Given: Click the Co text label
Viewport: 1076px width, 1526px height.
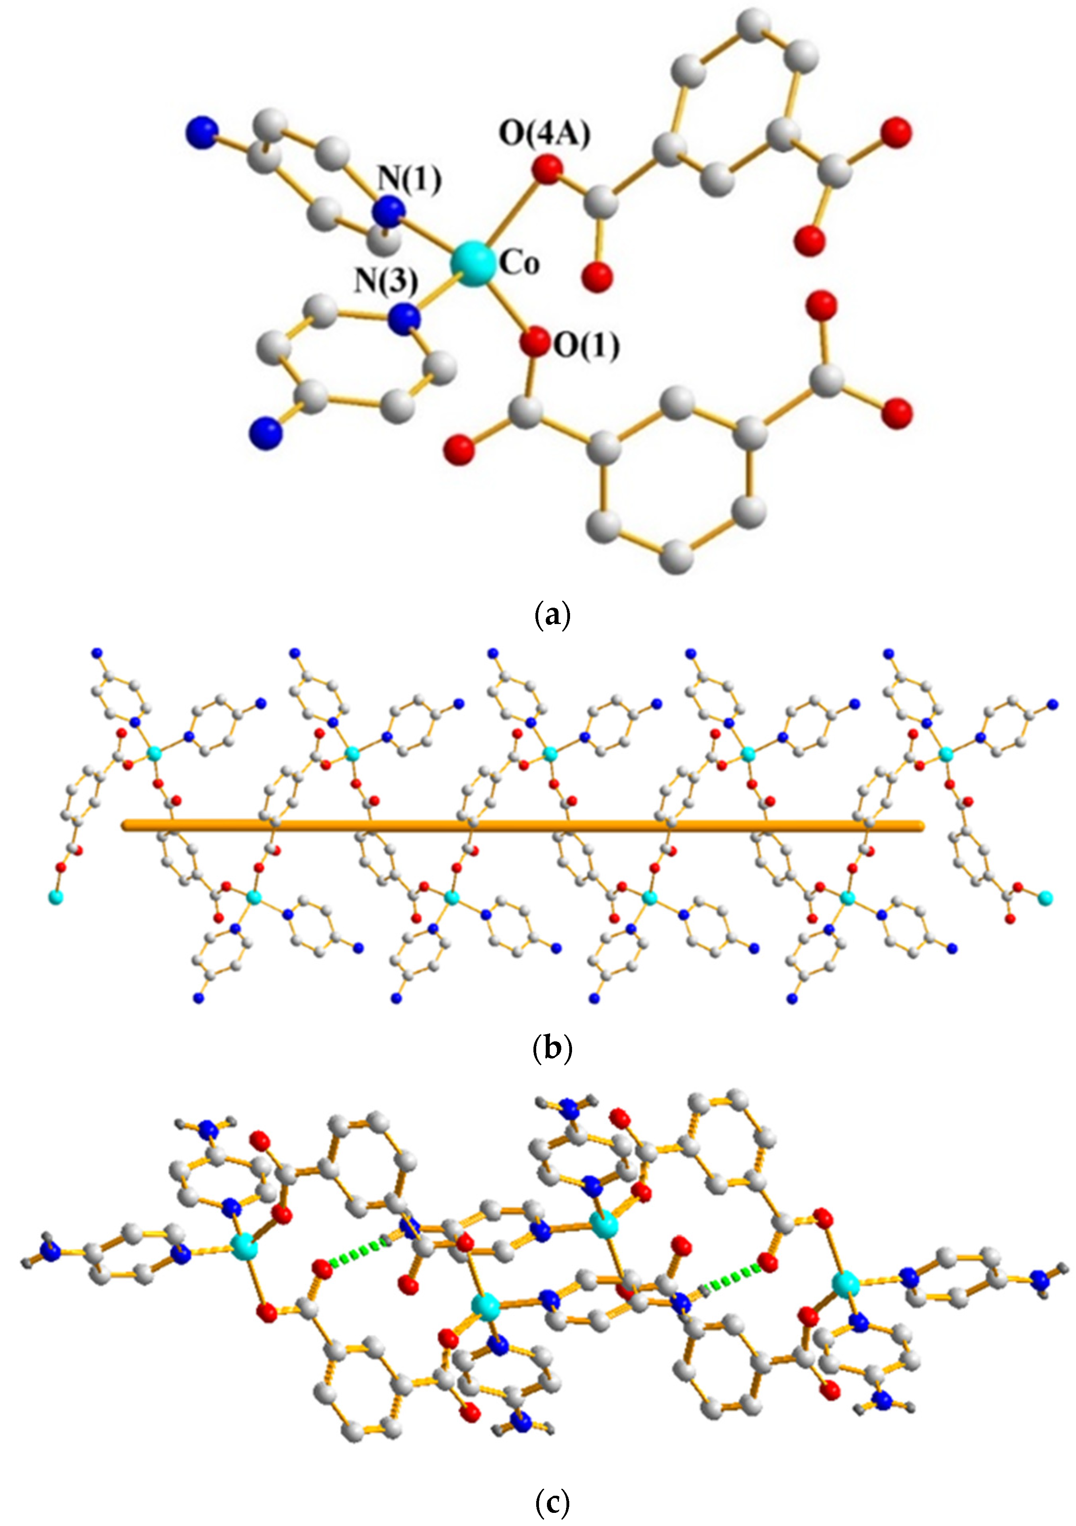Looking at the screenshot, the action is [x=519, y=264].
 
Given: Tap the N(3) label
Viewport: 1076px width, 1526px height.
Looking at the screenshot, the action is [x=386, y=282].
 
